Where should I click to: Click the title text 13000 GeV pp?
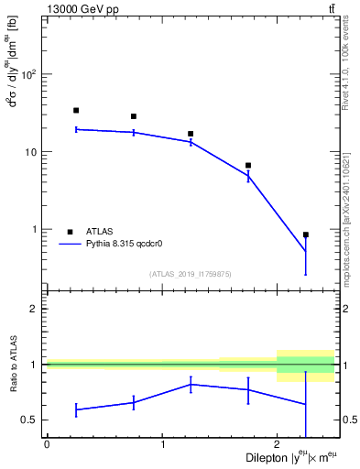[79, 8]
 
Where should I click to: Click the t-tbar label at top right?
[330, 8]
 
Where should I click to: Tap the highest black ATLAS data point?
[76, 110]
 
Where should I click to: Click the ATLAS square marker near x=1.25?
[191, 134]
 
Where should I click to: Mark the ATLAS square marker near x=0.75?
[134, 116]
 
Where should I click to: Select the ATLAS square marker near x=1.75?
[248, 166]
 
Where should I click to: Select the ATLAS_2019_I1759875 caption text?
[191, 273]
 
